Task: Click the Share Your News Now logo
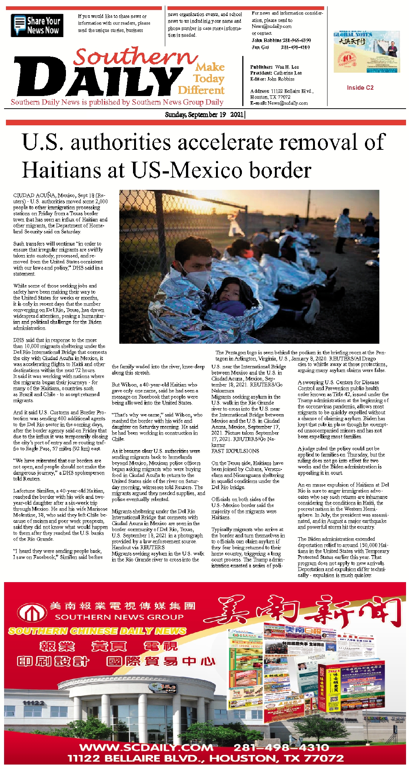[37, 25]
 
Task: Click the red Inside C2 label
[360, 88]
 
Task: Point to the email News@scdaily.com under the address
[287, 103]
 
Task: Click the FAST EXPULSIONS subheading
[235, 451]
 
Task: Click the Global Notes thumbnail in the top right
[366, 52]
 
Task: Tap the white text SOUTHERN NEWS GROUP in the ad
[119, 617]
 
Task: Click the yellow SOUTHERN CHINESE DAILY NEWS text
[97, 631]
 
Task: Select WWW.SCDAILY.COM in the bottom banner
[146, 747]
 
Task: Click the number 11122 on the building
[33, 703]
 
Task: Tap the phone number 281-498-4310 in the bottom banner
[281, 747]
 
